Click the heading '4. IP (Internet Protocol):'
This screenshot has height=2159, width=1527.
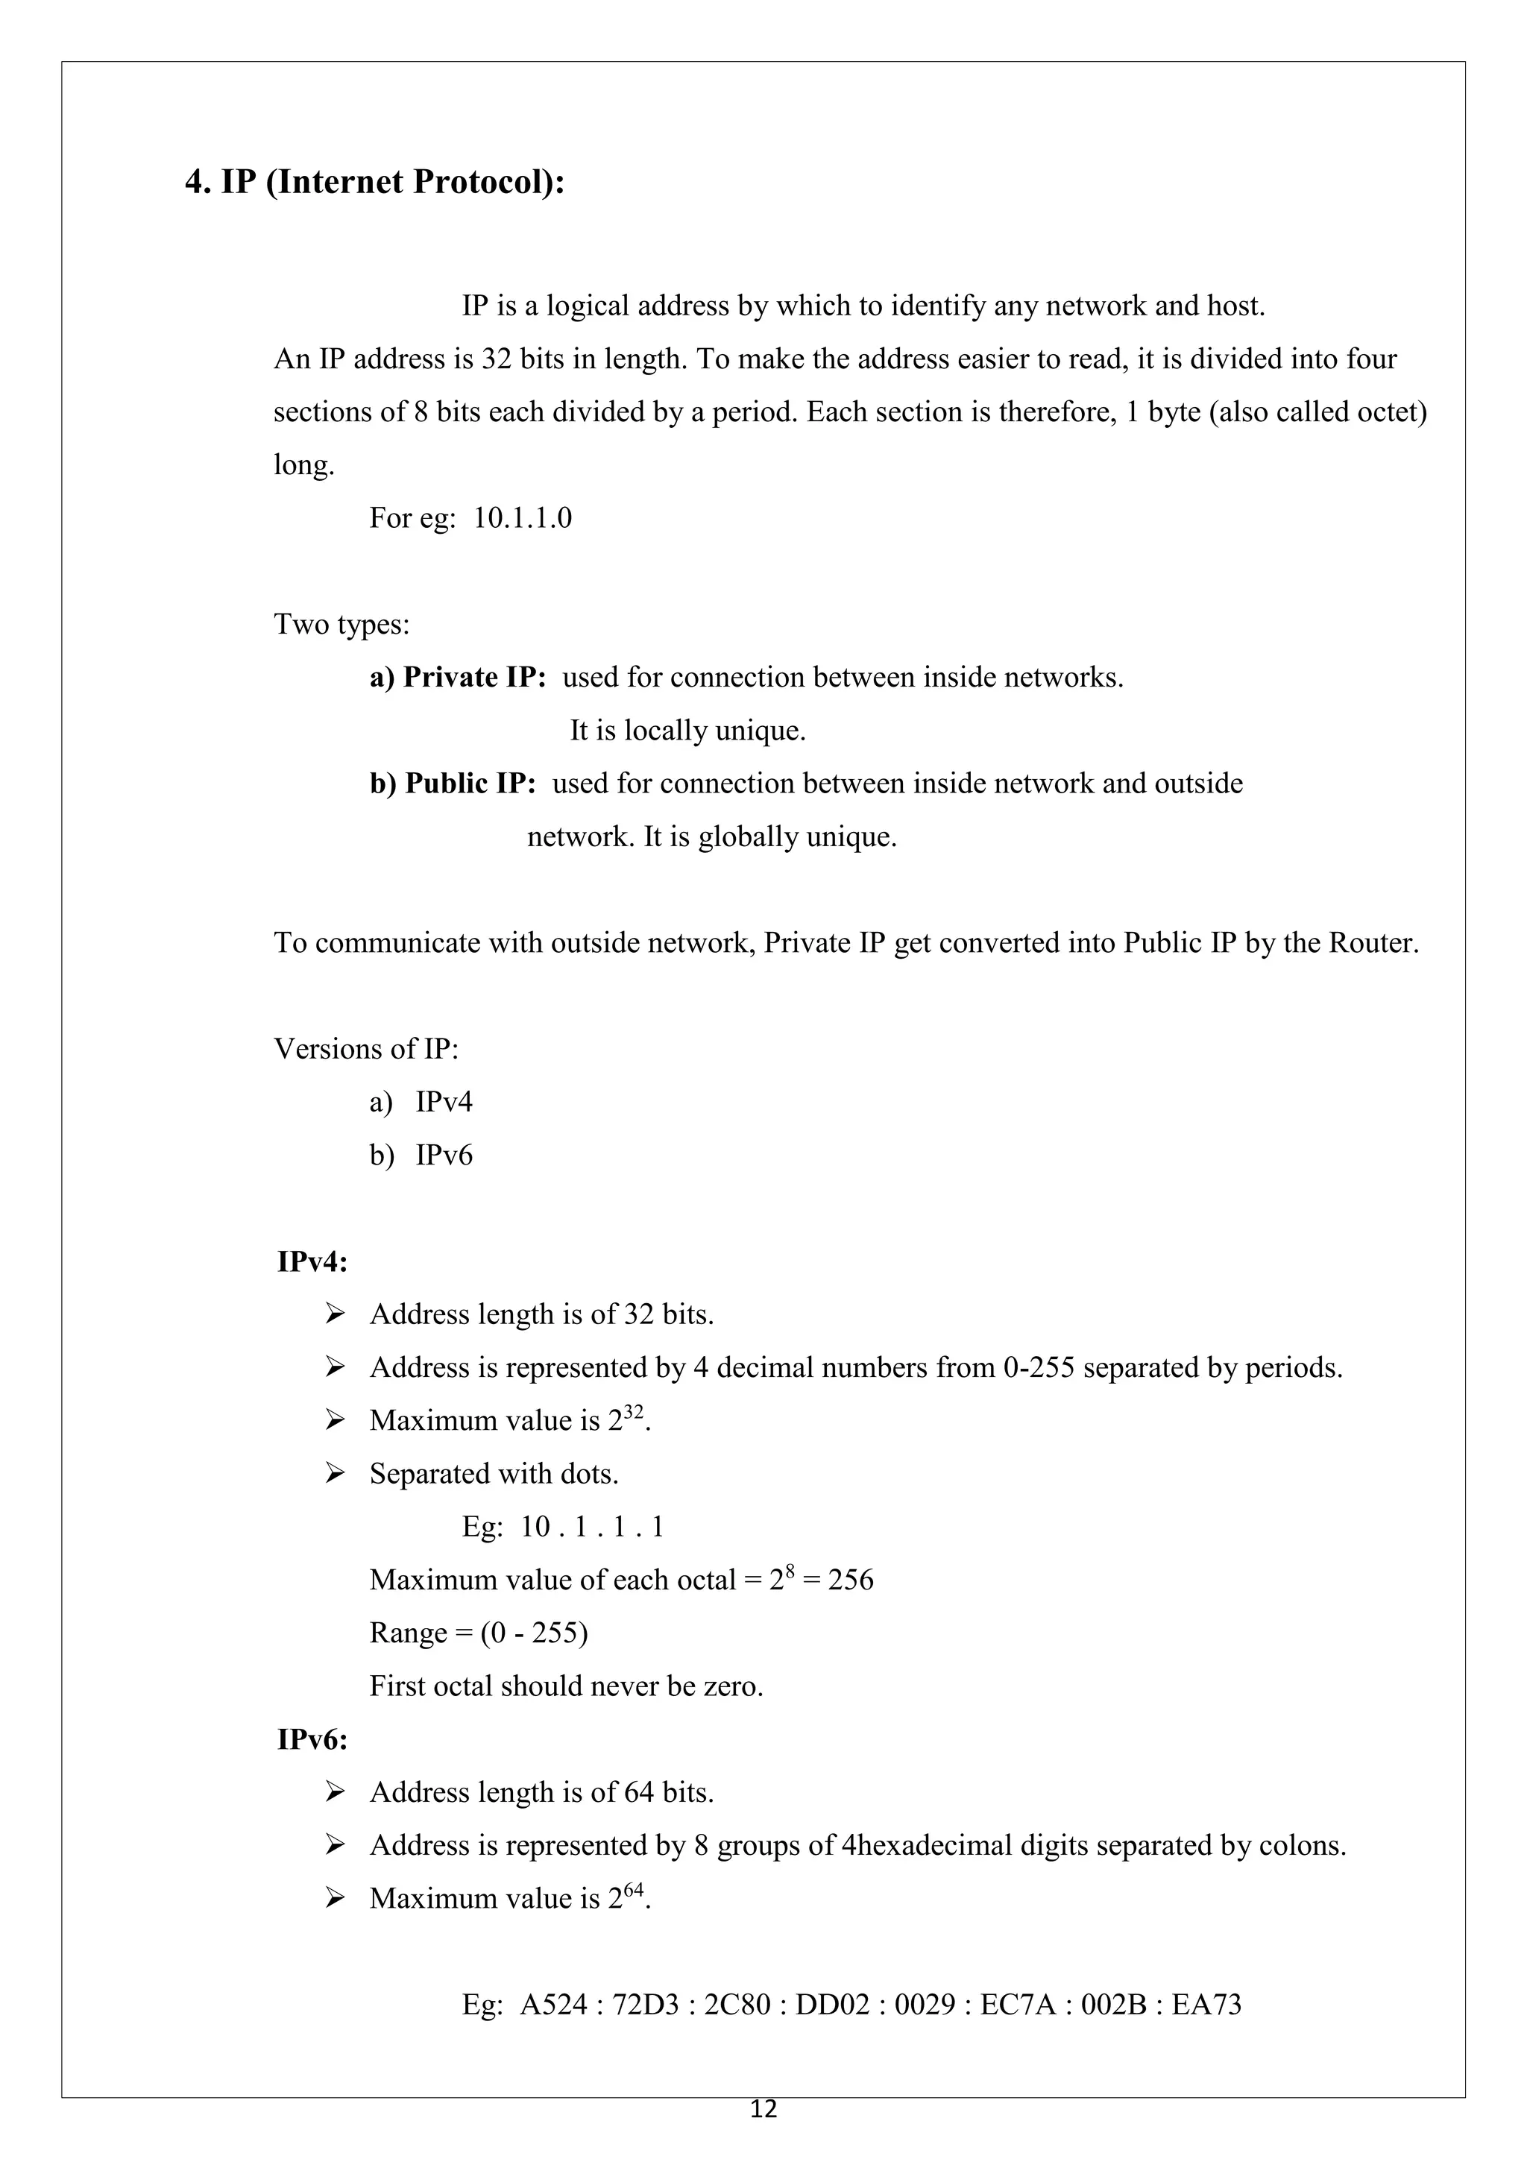click(374, 181)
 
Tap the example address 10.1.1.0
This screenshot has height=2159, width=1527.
click(522, 518)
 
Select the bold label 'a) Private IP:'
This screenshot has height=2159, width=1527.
click(457, 677)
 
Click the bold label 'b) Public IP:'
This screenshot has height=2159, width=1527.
click(453, 784)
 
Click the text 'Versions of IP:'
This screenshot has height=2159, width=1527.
click(366, 1048)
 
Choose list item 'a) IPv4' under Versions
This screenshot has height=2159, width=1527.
click(421, 1101)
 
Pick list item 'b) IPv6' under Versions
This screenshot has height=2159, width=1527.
click(421, 1155)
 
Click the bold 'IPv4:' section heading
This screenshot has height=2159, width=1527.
click(312, 1262)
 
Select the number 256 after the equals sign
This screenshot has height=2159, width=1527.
click(850, 1580)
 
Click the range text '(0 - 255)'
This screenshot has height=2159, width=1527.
click(534, 1633)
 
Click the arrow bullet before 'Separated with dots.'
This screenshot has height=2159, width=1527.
click(336, 1473)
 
